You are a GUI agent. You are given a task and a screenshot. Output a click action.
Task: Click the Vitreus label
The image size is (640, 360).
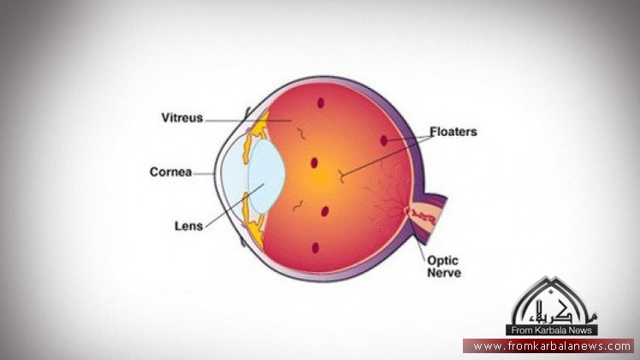point(181,118)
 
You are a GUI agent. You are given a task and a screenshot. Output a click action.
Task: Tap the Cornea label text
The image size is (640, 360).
point(169,172)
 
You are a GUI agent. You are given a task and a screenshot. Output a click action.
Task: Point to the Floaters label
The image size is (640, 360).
point(453,133)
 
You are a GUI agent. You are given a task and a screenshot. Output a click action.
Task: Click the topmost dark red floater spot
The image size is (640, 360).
point(322,103)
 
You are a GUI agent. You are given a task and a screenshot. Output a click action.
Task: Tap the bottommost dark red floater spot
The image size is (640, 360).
point(315,248)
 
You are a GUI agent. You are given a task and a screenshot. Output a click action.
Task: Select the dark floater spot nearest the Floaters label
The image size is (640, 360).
point(384,139)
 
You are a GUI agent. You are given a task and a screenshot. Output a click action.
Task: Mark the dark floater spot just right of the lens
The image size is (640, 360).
point(315,162)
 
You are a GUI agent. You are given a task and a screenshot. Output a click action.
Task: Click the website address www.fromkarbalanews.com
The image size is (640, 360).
point(552,346)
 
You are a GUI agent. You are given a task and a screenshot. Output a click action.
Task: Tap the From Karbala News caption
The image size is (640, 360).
point(554,330)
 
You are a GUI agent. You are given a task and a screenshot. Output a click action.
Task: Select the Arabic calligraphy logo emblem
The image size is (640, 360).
point(554,304)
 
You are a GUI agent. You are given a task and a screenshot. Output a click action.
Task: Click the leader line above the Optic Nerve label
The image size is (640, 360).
point(421,244)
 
